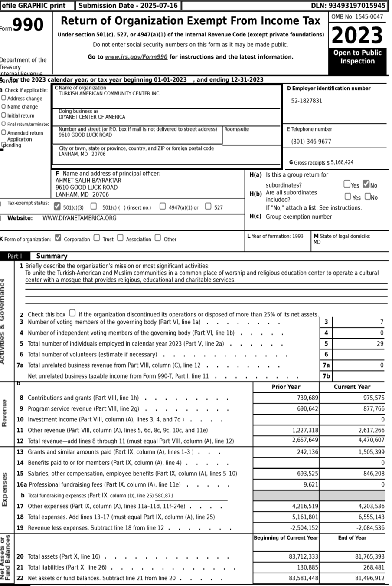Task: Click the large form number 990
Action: click(x=28, y=25)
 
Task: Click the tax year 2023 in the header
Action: click(x=357, y=36)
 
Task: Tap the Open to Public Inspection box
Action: click(x=357, y=57)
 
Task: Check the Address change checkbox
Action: click(x=4, y=98)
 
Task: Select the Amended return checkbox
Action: click(x=4, y=132)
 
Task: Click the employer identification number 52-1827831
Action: click(x=307, y=101)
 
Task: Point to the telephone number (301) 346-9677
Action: click(x=311, y=142)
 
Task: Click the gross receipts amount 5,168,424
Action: click(x=342, y=162)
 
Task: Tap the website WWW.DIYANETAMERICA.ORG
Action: click(x=79, y=218)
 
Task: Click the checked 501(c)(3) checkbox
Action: click(x=57, y=207)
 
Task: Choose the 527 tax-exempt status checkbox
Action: click(x=208, y=207)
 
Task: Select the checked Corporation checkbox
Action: click(x=58, y=238)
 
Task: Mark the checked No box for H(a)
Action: click(x=366, y=184)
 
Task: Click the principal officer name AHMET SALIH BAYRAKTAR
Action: click(x=88, y=181)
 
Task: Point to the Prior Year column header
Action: click(x=286, y=387)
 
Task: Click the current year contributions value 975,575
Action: click(x=373, y=398)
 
